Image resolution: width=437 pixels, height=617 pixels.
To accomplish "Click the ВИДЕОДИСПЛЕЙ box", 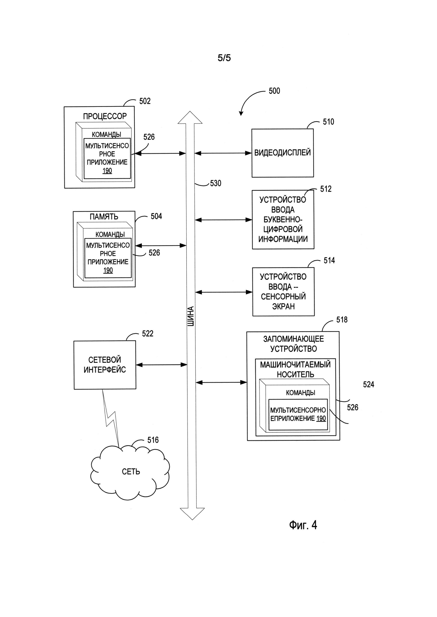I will click(282, 153).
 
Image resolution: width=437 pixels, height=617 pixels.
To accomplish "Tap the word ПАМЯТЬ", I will click(104, 217).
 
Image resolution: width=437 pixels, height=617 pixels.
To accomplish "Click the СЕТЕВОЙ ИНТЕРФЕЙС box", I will click(105, 365).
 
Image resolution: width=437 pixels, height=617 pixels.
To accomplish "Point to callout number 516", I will click(153, 440).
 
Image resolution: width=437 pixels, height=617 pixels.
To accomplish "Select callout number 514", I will click(329, 260).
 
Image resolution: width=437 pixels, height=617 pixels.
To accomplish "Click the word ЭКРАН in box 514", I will click(283, 306).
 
